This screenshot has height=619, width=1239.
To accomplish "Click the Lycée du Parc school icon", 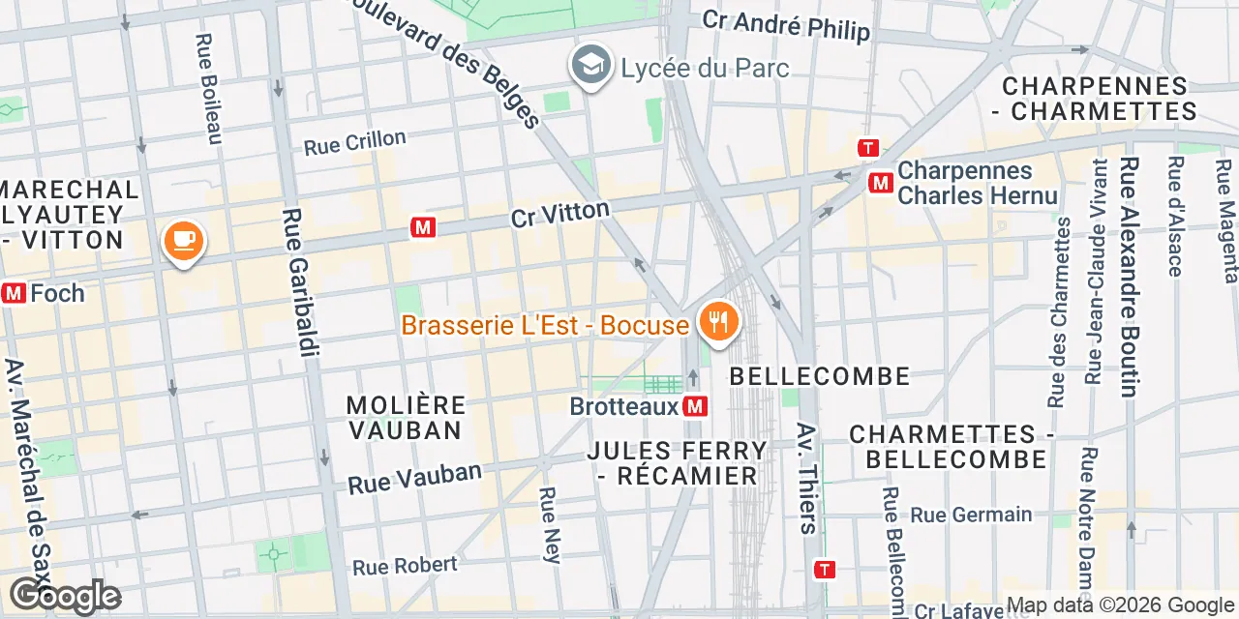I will pos(589,65).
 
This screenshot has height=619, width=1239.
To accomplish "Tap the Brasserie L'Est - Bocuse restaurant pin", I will pos(717,321).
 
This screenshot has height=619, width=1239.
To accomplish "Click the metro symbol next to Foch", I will pos(14,292).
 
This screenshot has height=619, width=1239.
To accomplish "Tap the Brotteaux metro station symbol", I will pos(694,406).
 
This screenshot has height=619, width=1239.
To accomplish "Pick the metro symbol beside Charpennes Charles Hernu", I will pos(881,182).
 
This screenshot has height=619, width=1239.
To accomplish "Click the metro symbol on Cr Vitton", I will pos(422,227).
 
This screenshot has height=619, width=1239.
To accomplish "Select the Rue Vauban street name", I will pos(414,478).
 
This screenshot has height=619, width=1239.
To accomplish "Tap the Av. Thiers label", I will pos(806,478).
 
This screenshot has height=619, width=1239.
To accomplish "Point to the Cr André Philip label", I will pos(786,25).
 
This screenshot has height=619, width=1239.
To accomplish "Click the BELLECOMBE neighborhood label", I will pos(820,376).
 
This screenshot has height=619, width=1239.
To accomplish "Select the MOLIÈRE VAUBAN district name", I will pos(406,417).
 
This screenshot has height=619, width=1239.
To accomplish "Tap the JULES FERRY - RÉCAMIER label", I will pos(678,463).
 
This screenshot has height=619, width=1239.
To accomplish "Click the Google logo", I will pos(64,597).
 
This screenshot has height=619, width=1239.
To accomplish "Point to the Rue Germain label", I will pos(971,515).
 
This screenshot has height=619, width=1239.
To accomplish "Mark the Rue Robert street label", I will pos(405,565).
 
